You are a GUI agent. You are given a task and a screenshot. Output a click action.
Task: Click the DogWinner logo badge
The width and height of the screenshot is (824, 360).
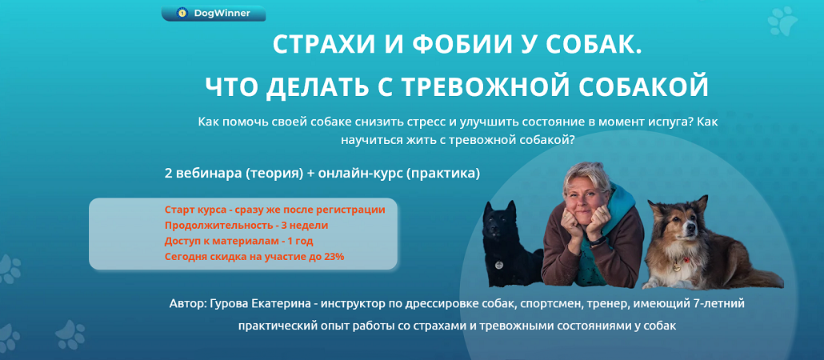(x=214, y=13)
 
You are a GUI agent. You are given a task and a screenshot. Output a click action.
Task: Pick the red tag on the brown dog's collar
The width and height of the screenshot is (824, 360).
(x=686, y=260)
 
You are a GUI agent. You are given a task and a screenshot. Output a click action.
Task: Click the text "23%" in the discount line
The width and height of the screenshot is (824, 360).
(x=334, y=257)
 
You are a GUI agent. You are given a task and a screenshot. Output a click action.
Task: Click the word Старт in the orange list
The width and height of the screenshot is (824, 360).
(x=179, y=210)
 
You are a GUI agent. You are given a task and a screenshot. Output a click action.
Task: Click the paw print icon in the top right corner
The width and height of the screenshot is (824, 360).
(x=782, y=21)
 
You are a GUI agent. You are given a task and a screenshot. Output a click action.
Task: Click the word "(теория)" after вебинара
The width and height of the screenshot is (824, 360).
(x=274, y=174)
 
